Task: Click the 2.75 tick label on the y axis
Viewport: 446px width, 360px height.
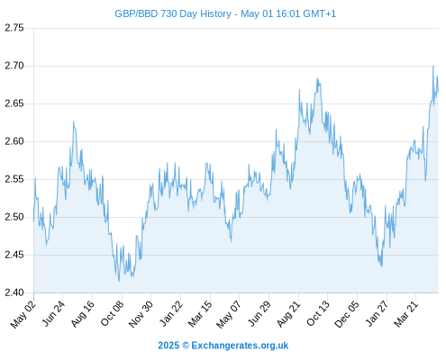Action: pyautogui.click(x=14, y=28)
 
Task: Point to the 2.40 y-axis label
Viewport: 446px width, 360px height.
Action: pyautogui.click(x=14, y=292)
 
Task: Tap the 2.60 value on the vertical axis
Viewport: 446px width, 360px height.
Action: pyautogui.click(x=14, y=141)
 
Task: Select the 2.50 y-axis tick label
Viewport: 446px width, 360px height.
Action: pyautogui.click(x=14, y=217)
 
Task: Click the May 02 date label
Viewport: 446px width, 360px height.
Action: pyautogui.click(x=23, y=314)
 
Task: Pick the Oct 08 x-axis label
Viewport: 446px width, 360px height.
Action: pyautogui.click(x=112, y=313)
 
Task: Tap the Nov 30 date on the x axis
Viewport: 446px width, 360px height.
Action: pyautogui.click(x=141, y=314)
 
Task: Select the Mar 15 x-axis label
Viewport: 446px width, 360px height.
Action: pyautogui.click(x=200, y=314)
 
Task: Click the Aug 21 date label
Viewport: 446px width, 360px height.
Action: pyautogui.click(x=288, y=314)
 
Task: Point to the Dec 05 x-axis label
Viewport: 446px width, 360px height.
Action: pyautogui.click(x=347, y=314)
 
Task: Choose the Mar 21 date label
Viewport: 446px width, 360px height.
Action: pyautogui.click(x=406, y=314)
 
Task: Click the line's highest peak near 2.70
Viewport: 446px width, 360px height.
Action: pyautogui.click(x=432, y=66)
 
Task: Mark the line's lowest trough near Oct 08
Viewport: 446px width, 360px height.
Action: pyautogui.click(x=119, y=281)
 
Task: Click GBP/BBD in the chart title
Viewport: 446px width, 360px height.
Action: pyautogui.click(x=136, y=14)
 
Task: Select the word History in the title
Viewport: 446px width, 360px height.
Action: pyautogui.click(x=215, y=14)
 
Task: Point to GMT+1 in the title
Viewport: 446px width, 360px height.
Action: pyautogui.click(x=320, y=14)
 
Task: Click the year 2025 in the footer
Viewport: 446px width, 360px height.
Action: pyautogui.click(x=168, y=346)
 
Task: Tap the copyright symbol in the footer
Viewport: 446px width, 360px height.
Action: pyautogui.click(x=186, y=346)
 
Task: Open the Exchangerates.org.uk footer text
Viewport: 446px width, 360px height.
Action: pyautogui.click(x=240, y=346)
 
